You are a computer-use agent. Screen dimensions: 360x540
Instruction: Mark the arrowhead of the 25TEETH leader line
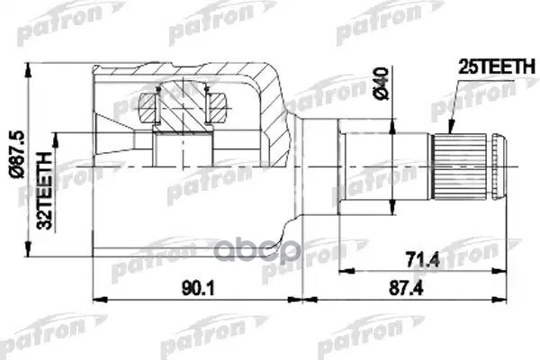(x=454, y=134)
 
